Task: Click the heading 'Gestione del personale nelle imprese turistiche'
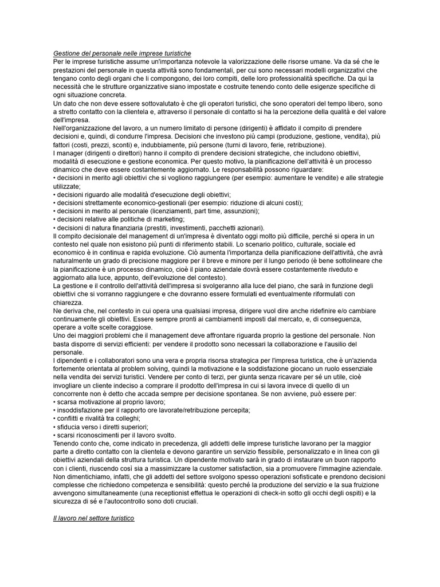(122, 53)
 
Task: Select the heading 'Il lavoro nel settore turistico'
(93, 518)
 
